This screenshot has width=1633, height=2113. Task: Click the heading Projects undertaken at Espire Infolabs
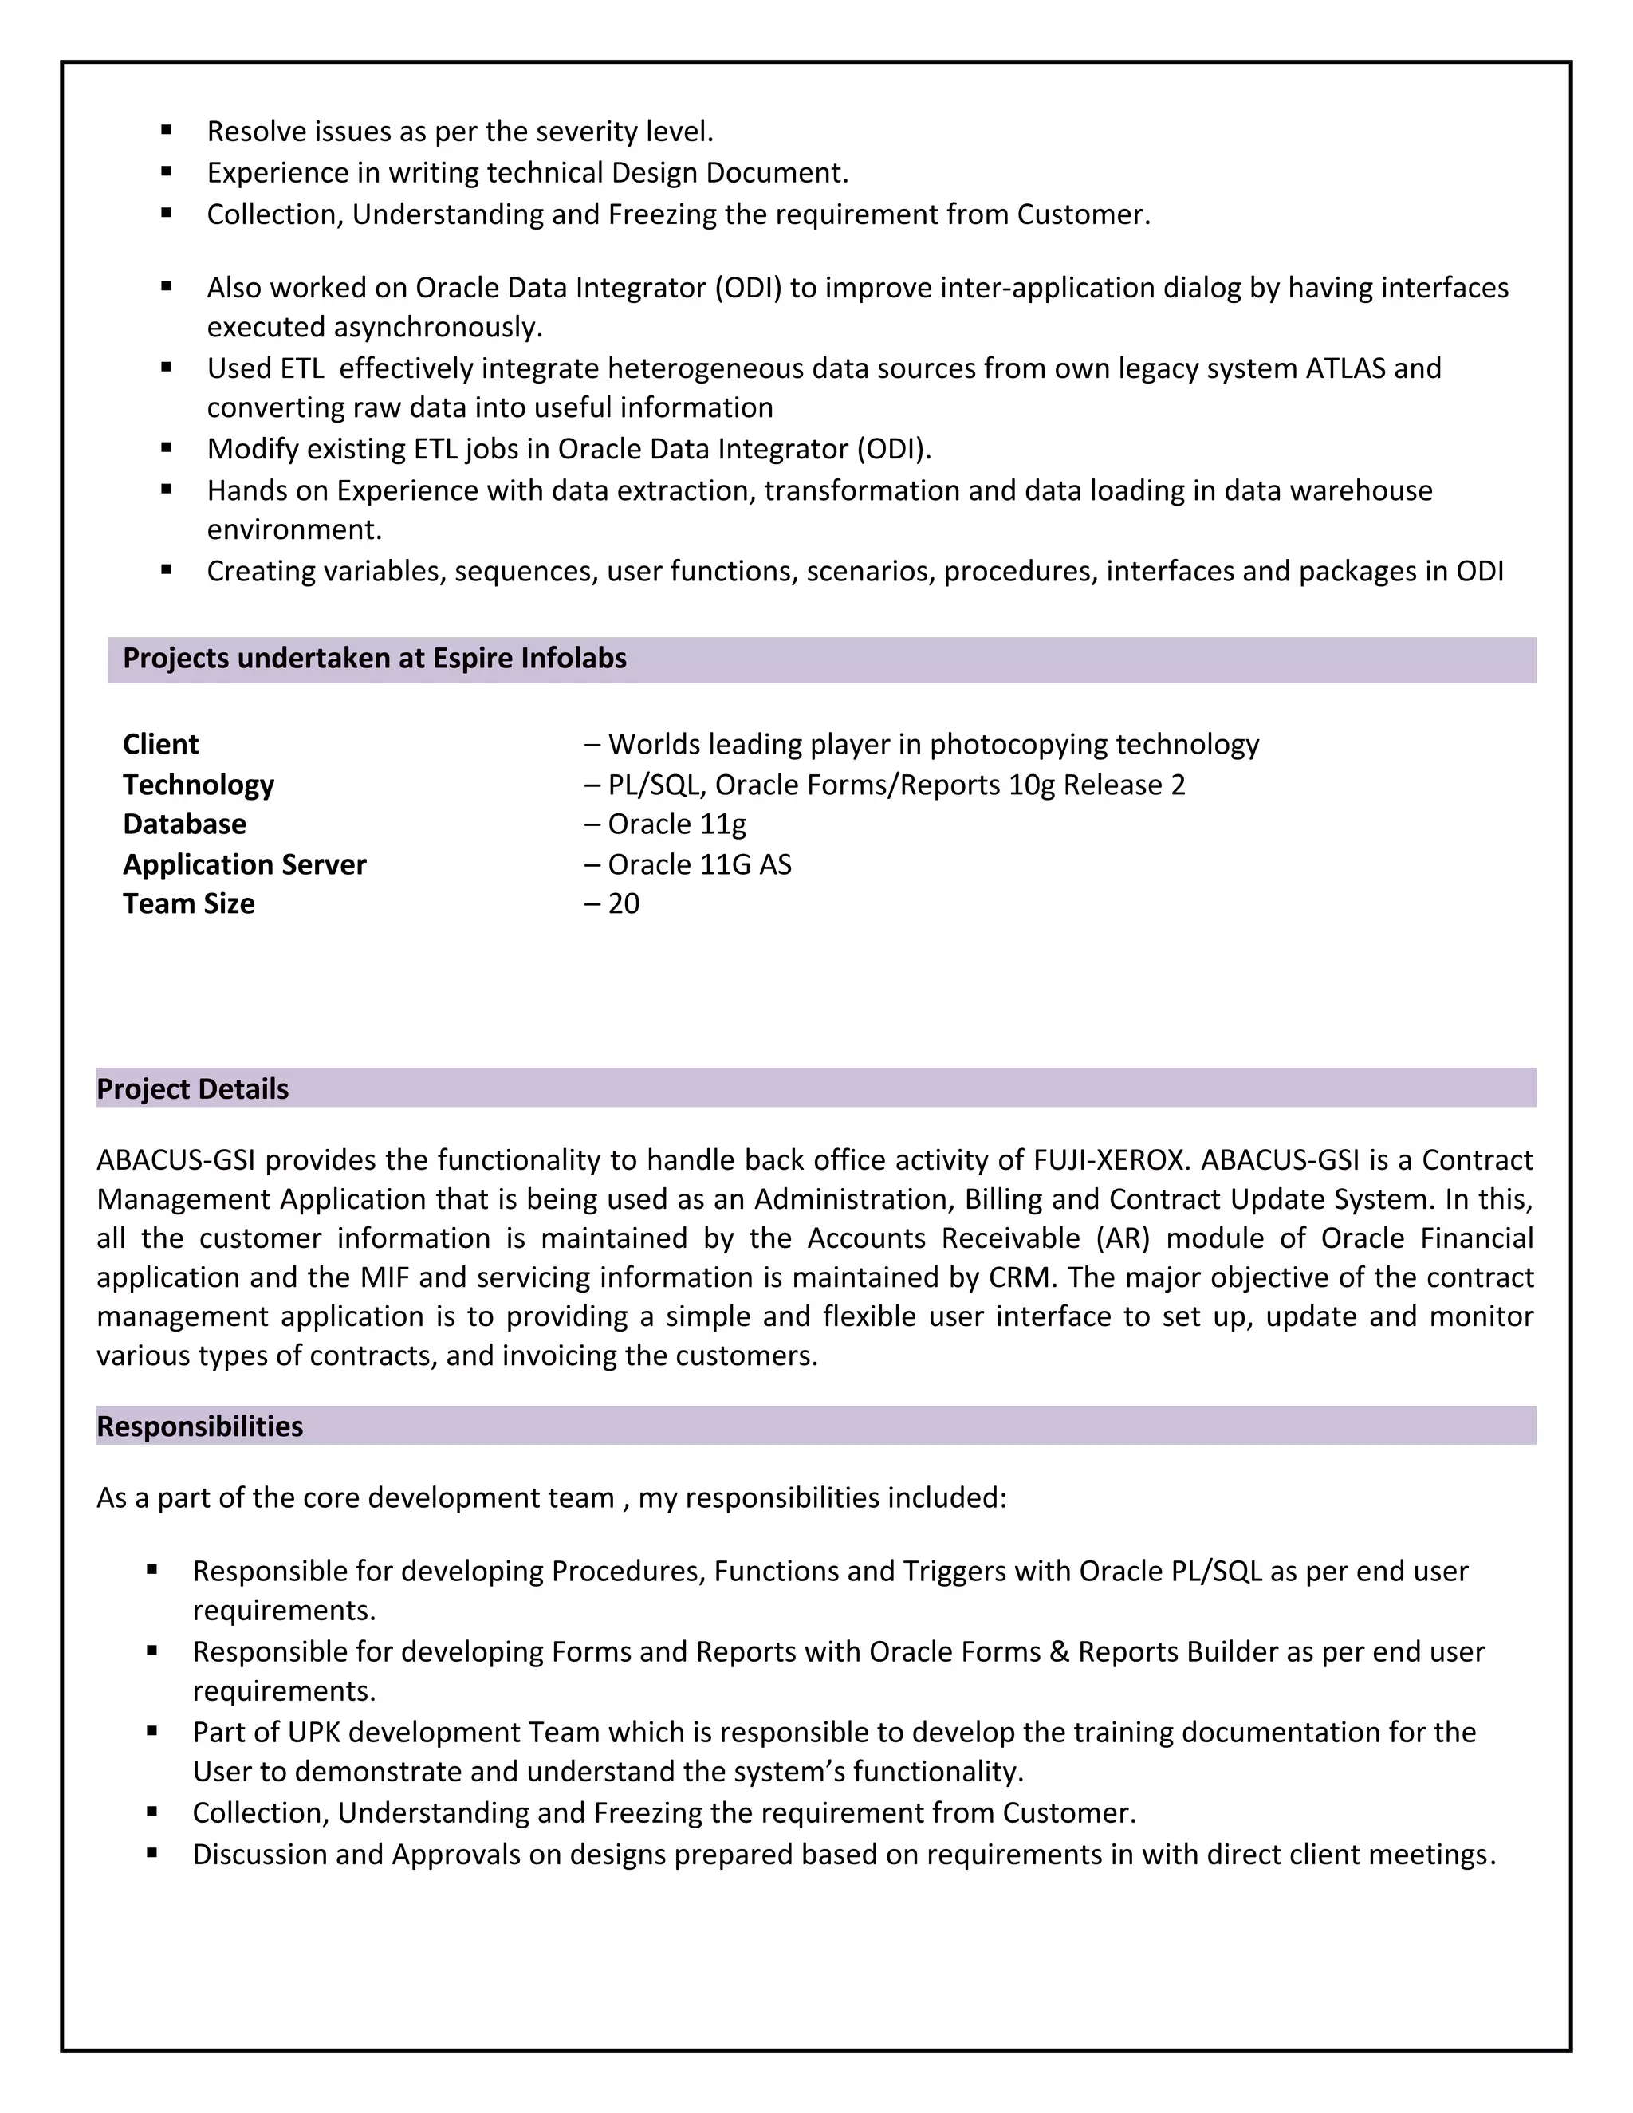click(x=375, y=659)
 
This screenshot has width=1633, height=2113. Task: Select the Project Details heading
click(x=192, y=1089)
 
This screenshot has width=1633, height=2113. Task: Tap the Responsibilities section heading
click(x=199, y=1426)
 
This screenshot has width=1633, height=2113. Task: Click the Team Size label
click(x=189, y=903)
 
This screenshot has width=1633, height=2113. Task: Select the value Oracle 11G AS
click(x=698, y=864)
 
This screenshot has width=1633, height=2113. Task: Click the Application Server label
click(x=245, y=864)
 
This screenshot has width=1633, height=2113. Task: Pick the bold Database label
click(x=184, y=824)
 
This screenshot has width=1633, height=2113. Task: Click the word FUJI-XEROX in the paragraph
click(x=1108, y=1160)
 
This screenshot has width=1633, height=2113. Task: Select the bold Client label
click(x=160, y=744)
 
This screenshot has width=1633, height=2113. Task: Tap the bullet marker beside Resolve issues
click(x=167, y=128)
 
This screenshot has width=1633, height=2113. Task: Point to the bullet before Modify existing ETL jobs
click(x=167, y=447)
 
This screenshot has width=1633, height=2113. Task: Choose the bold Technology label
click(x=199, y=785)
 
